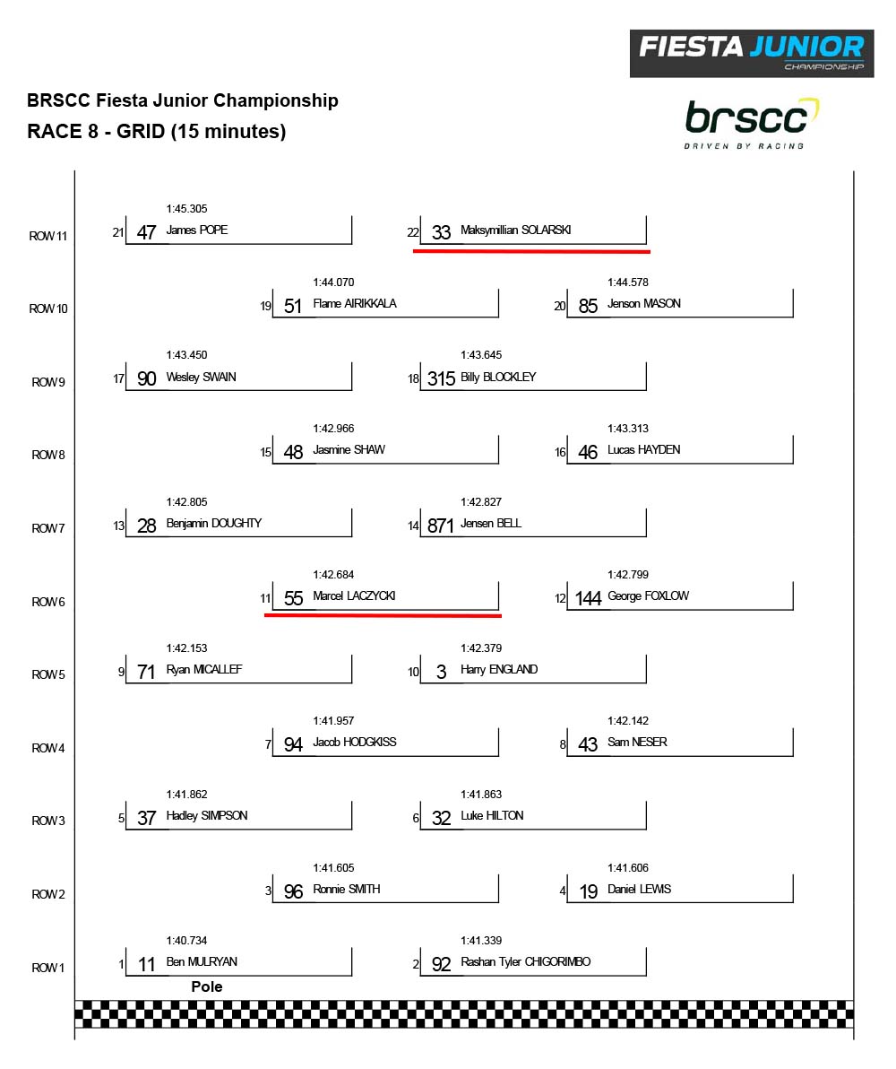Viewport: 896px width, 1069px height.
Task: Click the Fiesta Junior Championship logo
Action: pyautogui.click(x=751, y=53)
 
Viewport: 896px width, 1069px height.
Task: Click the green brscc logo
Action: pyautogui.click(x=751, y=123)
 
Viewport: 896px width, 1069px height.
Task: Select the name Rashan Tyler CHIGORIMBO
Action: pyautogui.click(x=525, y=962)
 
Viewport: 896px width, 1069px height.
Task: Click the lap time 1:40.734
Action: pyautogui.click(x=186, y=941)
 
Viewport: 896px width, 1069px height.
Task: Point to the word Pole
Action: pyautogui.click(x=207, y=986)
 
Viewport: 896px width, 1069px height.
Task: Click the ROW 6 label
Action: pyautogui.click(x=48, y=602)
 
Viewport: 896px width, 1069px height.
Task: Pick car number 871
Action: pyautogui.click(x=441, y=526)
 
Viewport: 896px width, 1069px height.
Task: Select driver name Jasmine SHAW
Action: pyautogui.click(x=349, y=449)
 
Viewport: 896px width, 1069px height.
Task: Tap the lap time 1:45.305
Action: pyautogui.click(x=186, y=209)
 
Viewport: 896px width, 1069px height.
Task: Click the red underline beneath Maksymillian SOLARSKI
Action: pyautogui.click(x=531, y=251)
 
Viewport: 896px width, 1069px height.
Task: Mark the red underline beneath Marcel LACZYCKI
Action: pyautogui.click(x=383, y=616)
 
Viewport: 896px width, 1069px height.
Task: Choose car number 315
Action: pyautogui.click(x=441, y=379)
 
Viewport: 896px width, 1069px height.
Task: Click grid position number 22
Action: pyautogui.click(x=412, y=232)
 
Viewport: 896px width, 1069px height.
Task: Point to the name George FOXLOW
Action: pyautogui.click(x=648, y=595)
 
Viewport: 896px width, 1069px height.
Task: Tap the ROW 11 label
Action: pyautogui.click(x=48, y=236)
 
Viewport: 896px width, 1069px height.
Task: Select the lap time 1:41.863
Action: pyautogui.click(x=481, y=795)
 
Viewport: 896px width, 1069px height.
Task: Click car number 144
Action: pyautogui.click(x=588, y=599)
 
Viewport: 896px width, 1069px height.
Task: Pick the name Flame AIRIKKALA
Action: pyautogui.click(x=354, y=303)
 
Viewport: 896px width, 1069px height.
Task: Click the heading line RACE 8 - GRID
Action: pyautogui.click(x=157, y=131)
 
